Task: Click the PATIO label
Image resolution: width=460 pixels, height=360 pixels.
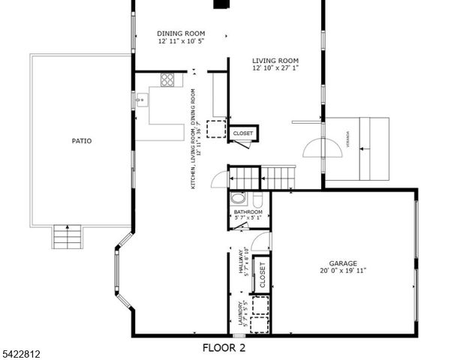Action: pos(82,140)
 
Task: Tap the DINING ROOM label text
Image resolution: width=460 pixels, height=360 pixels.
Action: pos(181,34)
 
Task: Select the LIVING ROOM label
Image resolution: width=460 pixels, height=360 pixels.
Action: pos(275,61)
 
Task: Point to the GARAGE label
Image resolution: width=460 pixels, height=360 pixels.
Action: pos(342,263)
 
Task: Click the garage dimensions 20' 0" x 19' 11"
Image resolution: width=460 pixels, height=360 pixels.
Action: pos(342,271)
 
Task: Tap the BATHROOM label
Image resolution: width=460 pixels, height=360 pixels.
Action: pos(248,212)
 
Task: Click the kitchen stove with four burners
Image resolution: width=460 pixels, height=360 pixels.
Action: pos(167,79)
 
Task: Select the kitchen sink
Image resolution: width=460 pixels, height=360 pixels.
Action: pos(140,98)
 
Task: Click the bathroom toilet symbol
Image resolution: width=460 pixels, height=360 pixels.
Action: pos(257,200)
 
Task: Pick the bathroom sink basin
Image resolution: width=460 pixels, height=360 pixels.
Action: pos(239,199)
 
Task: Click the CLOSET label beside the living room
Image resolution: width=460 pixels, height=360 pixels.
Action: pos(243,133)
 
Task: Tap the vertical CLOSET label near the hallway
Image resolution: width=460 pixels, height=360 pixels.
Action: pos(262,275)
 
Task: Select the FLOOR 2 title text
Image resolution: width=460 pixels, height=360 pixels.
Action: pos(224,347)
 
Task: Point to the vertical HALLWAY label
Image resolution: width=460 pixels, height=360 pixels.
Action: pos(242,262)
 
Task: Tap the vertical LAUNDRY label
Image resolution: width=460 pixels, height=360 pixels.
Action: pos(242,315)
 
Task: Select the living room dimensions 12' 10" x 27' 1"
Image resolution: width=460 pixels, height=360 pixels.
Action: pos(275,68)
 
